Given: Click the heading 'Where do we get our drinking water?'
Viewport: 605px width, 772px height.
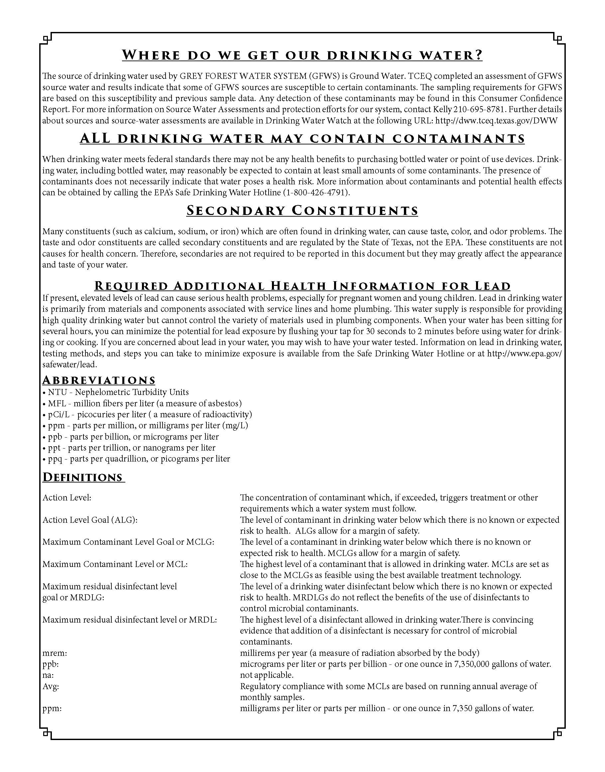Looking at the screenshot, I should [302, 55].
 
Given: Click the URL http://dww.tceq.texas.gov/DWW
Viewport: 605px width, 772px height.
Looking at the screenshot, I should [496, 120].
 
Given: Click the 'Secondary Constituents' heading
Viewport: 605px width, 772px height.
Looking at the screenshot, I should [302, 211].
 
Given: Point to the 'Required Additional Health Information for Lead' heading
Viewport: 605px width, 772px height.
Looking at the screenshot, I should [302, 286].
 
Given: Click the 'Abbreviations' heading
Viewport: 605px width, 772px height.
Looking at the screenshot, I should [99, 380].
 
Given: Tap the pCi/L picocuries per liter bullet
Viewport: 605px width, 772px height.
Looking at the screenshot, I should [147, 414].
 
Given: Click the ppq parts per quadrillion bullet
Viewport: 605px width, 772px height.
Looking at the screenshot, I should [136, 459].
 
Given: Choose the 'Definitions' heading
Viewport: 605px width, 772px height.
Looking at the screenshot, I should [83, 477].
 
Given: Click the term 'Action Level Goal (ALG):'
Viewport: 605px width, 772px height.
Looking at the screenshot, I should [90, 520].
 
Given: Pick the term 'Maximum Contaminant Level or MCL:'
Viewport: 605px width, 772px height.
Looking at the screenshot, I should [115, 564].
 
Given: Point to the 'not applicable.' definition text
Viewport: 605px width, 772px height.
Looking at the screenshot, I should [266, 675].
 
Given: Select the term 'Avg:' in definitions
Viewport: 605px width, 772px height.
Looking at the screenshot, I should [51, 686].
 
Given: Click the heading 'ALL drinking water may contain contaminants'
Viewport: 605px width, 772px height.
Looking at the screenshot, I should [302, 138].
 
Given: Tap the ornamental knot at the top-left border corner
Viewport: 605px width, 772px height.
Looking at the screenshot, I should [46, 38].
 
